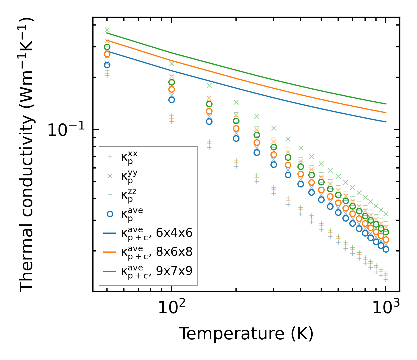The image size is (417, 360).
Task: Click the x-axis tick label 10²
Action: [172, 308]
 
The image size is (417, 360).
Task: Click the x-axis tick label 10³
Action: [386, 308]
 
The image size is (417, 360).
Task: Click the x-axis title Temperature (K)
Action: [246, 334]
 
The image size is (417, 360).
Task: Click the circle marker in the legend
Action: [110, 214]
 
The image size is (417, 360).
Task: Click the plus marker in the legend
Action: [110, 157]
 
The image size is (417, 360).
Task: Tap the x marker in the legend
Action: [110, 176]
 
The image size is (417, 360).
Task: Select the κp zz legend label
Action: [129, 195]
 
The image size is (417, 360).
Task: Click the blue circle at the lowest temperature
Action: [107, 65]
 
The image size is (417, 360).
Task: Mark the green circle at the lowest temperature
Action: [107, 47]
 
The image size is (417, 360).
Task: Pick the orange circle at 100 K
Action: [172, 89]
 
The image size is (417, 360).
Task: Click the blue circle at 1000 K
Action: [386, 249]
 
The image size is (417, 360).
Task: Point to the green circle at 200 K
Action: [236, 121]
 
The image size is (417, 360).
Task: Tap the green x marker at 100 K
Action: [172, 64]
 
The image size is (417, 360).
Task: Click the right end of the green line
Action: [386, 104]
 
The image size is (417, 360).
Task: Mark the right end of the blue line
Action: [386, 122]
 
